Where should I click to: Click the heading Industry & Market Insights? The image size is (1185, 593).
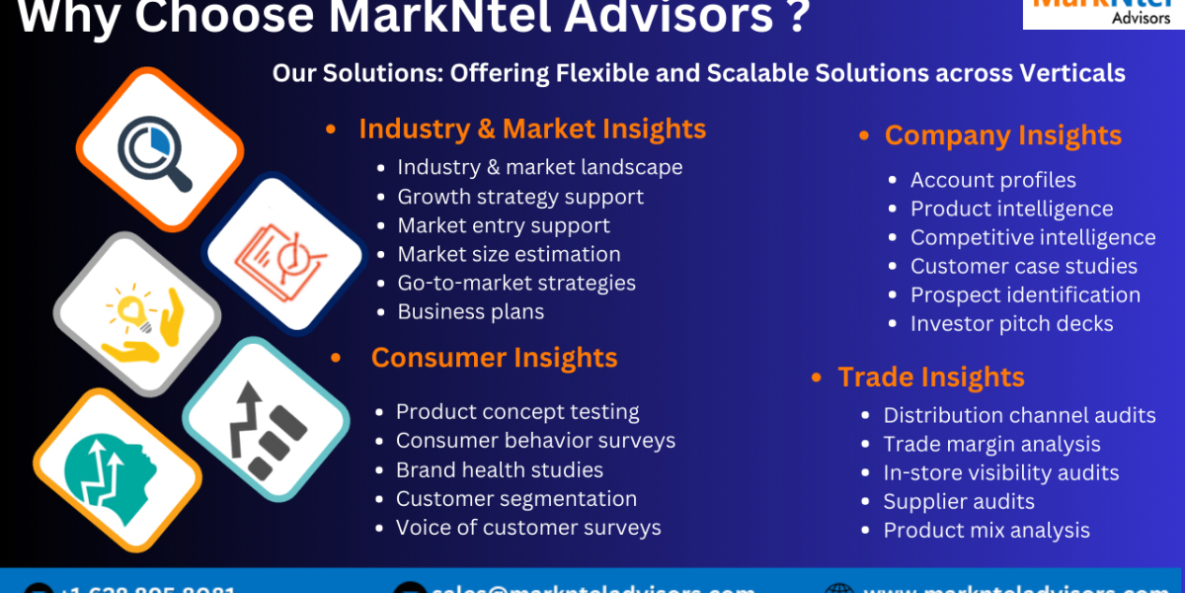point(531,129)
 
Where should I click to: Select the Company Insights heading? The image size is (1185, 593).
point(1002,135)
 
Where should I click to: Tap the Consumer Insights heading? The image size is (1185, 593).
point(494,358)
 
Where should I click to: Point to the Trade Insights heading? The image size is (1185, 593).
point(930,378)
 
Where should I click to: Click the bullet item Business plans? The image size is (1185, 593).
point(470,311)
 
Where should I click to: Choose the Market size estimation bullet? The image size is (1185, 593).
point(509,254)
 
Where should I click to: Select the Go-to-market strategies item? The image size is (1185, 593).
point(516,283)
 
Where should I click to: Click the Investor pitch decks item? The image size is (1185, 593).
point(1011,323)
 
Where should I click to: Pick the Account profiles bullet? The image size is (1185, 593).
point(992,180)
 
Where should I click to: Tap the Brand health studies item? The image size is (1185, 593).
point(499,469)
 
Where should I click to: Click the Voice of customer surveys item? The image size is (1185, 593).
point(528,528)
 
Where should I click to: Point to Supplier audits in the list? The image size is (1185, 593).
point(958,501)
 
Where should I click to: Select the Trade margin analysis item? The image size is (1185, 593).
point(991,444)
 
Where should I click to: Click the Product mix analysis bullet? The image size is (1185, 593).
point(986,531)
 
